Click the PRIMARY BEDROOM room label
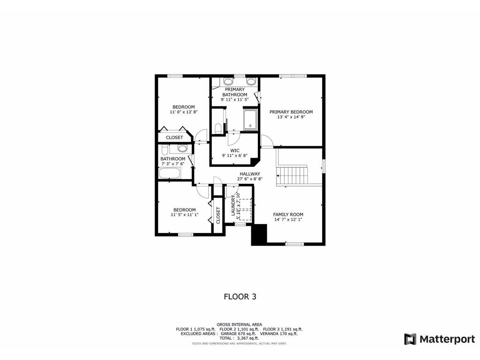click(291, 112)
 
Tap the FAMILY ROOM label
click(288, 214)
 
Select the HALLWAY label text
click(250, 174)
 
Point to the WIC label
click(234, 150)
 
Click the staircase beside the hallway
click(292, 175)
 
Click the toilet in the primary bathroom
click(217, 127)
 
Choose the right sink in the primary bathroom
click(251, 82)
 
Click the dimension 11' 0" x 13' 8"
click(184, 112)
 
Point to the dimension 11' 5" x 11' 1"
click(184, 215)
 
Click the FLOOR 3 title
click(240, 296)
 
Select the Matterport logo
click(440, 339)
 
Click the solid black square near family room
click(259, 234)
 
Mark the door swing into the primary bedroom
click(266, 140)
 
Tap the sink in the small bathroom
click(182, 149)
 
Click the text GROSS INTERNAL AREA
click(239, 324)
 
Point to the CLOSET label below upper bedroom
click(174, 137)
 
